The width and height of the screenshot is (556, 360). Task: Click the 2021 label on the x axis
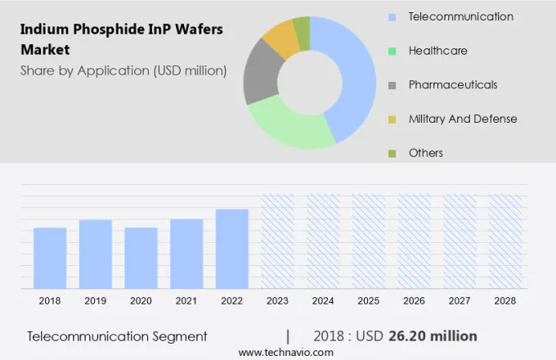pos(186,301)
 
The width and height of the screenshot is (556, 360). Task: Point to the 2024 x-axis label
pos(323,301)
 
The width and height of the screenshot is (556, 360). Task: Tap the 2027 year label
pos(460,301)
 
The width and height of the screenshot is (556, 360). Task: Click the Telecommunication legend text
pos(460,16)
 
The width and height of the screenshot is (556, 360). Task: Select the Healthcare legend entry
pos(437,51)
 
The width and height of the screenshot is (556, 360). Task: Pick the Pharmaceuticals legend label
pos(452,85)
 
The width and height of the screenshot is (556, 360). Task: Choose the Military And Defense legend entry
pos(462,119)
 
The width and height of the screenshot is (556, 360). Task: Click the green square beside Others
pos(392,153)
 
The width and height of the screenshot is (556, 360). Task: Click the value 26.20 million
pos(437,336)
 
